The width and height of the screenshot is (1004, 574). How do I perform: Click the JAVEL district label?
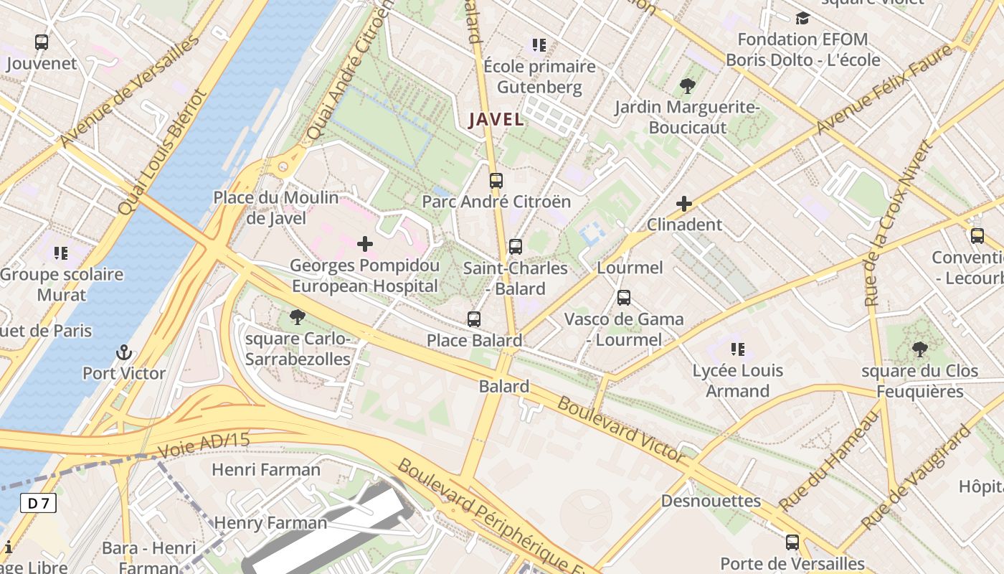coord(496,119)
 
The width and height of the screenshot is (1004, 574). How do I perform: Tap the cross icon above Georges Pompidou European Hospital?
coord(365,244)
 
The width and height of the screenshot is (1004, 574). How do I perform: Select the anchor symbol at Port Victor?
coord(124,352)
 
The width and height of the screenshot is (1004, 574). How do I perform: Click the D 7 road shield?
coord(38,503)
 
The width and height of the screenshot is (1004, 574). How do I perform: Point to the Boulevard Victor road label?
coord(621,429)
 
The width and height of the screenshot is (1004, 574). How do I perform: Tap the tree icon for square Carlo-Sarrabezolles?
coord(297,317)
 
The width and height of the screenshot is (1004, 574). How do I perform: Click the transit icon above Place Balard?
coord(474,319)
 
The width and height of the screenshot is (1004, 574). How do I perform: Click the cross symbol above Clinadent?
coord(684,204)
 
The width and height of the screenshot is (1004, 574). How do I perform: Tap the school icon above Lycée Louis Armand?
coord(738,349)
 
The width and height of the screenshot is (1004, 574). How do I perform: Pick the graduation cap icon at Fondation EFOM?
coord(802,18)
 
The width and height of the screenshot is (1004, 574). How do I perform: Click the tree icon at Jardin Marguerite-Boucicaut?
coord(687,87)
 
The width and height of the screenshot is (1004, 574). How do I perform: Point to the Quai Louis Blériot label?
coord(162,152)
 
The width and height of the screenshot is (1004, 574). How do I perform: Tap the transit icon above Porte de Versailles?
coord(792,542)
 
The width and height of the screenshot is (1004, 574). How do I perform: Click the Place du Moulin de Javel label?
coord(276,207)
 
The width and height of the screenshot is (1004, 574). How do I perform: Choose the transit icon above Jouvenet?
coord(42,42)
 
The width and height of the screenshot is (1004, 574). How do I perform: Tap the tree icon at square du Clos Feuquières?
coord(919,350)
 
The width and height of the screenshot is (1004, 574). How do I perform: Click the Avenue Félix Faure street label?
coord(885,89)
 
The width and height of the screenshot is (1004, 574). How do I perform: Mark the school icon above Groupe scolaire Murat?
coord(61,253)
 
